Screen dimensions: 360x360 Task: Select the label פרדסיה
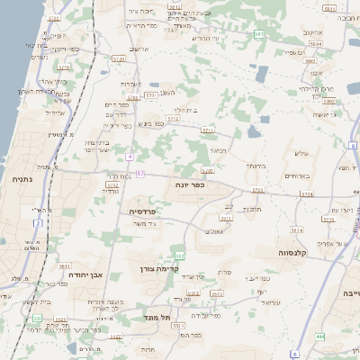(144, 211)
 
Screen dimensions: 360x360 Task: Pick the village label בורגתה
(256, 166)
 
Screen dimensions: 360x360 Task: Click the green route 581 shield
(258, 34)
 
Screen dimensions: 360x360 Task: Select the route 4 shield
(130, 157)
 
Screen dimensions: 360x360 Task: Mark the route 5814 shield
(296, 230)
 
